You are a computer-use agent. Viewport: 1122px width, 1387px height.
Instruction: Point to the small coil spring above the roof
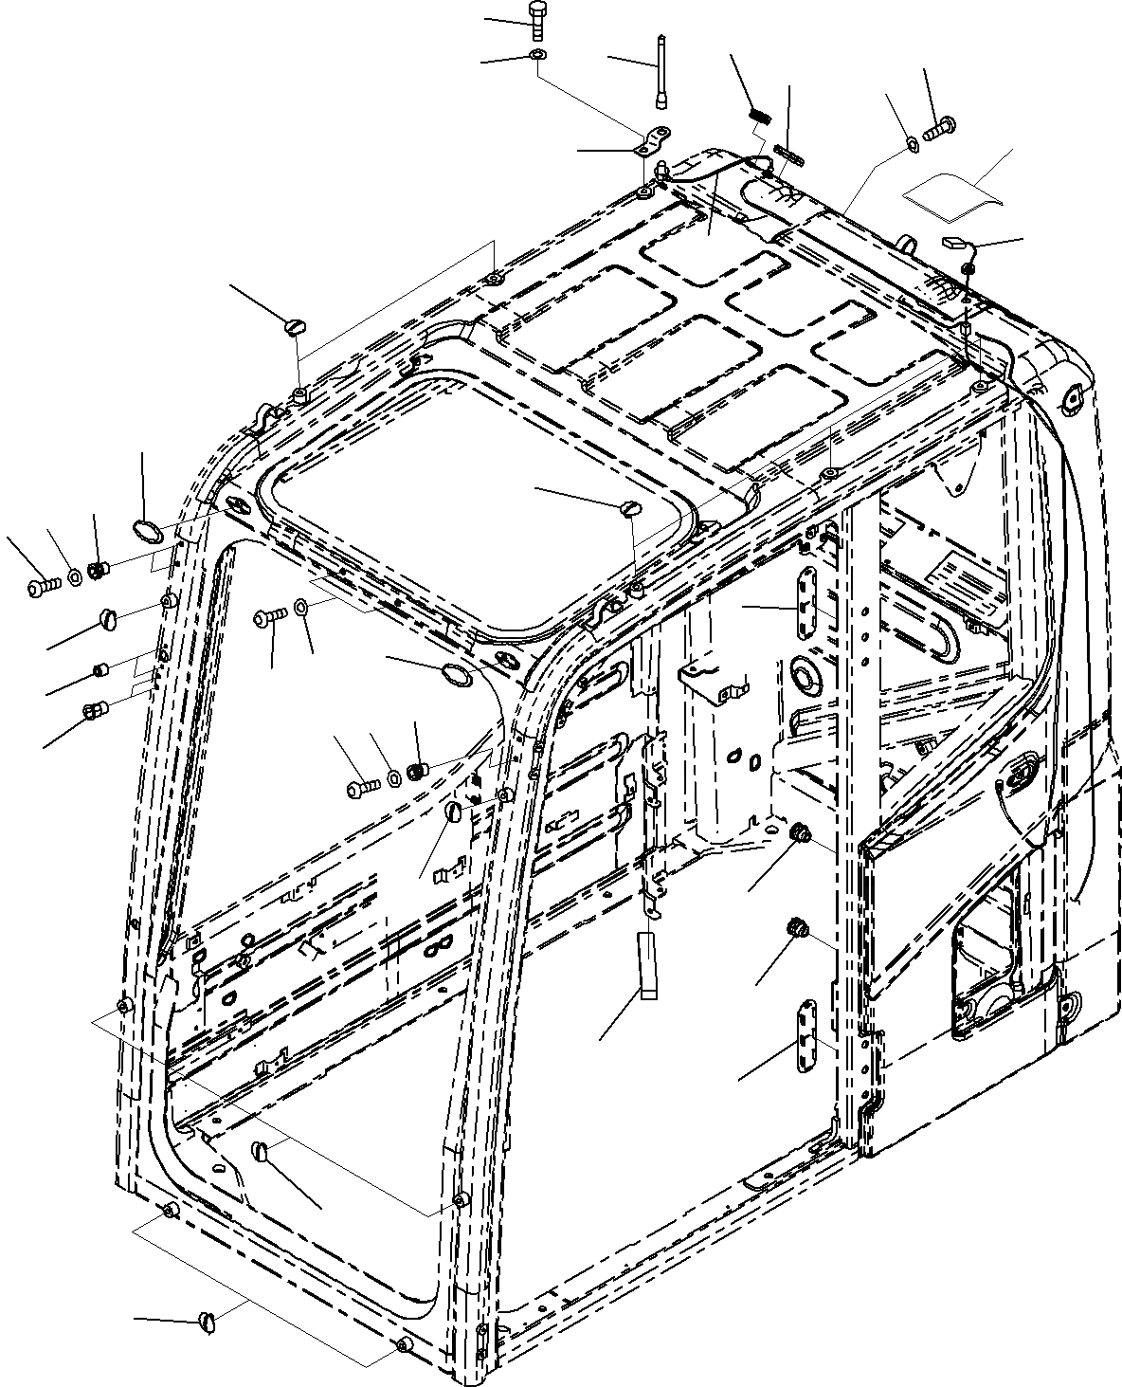click(x=760, y=117)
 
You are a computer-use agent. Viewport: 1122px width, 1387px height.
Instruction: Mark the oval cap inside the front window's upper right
click(x=458, y=673)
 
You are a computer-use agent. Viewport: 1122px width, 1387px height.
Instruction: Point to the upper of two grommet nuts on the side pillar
click(x=800, y=832)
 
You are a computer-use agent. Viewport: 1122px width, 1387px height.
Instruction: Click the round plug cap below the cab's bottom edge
click(x=211, y=1321)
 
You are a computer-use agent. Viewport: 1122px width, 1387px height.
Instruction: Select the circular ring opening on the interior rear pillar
click(x=807, y=674)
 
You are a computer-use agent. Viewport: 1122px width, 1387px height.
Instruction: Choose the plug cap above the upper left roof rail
click(x=294, y=328)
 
